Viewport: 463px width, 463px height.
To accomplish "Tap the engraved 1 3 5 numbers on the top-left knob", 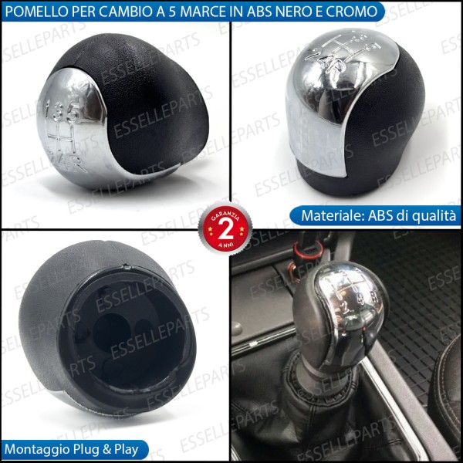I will [66, 113].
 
